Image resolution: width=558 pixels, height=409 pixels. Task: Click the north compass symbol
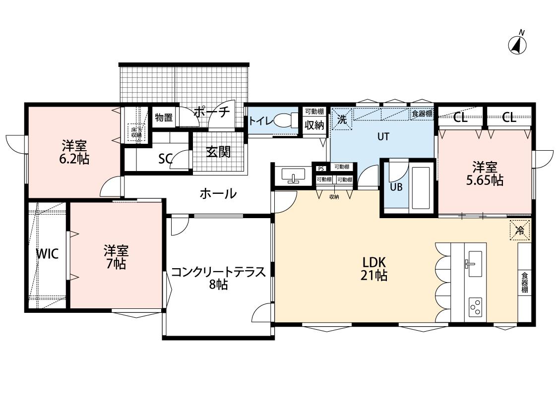point(517,44)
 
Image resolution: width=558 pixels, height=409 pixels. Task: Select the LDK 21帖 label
point(373,268)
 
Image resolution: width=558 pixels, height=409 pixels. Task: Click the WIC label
point(48,254)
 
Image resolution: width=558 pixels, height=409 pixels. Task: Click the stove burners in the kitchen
point(475,306)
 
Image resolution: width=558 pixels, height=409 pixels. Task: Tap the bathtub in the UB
point(421,188)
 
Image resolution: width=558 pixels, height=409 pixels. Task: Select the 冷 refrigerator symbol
point(520,230)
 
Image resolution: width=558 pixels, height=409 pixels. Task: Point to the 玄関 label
point(218,152)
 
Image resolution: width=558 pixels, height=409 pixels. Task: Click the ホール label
point(218,193)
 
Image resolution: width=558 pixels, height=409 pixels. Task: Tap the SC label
point(165,159)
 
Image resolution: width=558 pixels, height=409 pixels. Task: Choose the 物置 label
point(163,118)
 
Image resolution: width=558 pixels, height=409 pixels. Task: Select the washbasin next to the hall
point(293,175)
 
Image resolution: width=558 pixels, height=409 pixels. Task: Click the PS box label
point(321,167)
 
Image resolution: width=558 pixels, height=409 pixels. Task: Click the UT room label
point(383,137)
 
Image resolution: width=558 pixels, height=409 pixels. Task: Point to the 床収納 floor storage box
point(135,131)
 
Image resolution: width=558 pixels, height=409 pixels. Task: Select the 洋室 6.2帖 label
point(74,152)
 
